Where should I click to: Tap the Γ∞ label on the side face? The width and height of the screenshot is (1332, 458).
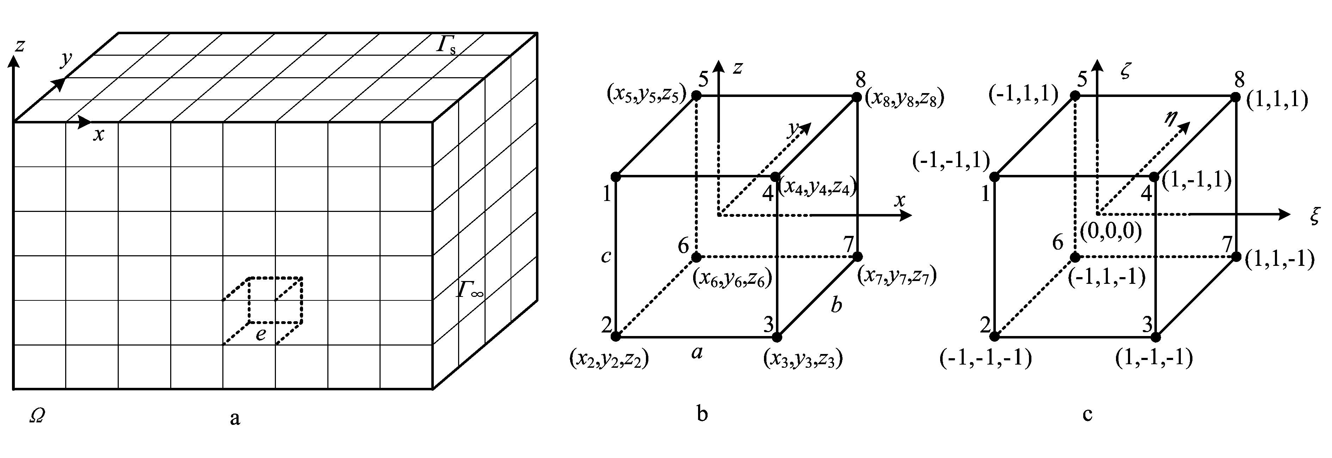(469, 290)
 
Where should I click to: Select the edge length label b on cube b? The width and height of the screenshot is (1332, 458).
(836, 305)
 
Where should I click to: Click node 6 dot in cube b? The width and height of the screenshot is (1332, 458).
(697, 257)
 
